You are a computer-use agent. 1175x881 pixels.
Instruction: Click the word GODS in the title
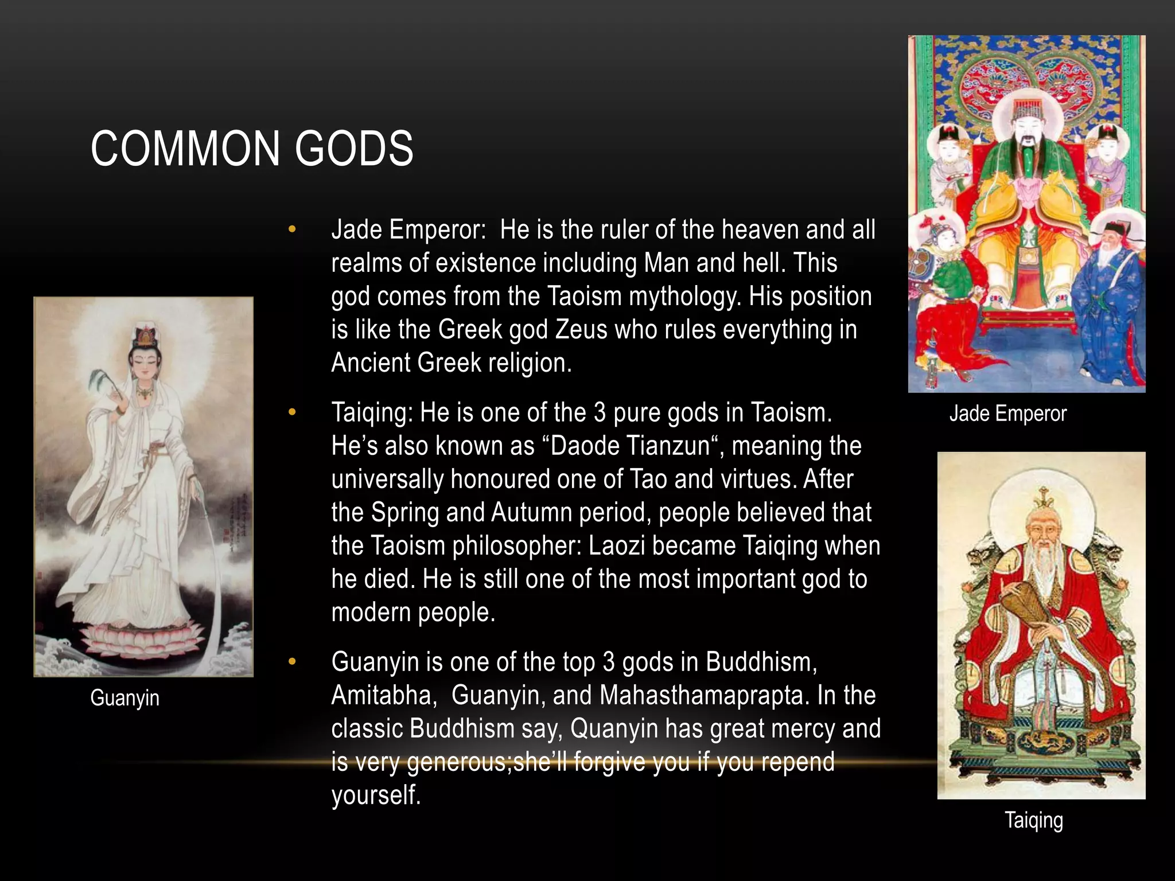click(354, 149)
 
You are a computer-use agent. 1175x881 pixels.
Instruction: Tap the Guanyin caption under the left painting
click(124, 698)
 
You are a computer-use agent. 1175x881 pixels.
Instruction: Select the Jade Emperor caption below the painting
click(1007, 414)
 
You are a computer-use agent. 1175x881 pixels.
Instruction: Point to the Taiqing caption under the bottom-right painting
click(1033, 820)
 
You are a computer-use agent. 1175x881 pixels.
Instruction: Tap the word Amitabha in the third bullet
click(382, 695)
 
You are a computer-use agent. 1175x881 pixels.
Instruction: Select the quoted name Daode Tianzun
click(630, 446)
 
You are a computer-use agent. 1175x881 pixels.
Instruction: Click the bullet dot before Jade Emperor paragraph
click(292, 230)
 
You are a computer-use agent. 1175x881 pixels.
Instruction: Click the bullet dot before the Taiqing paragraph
click(292, 412)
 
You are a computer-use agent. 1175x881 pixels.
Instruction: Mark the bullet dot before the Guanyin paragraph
click(292, 662)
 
